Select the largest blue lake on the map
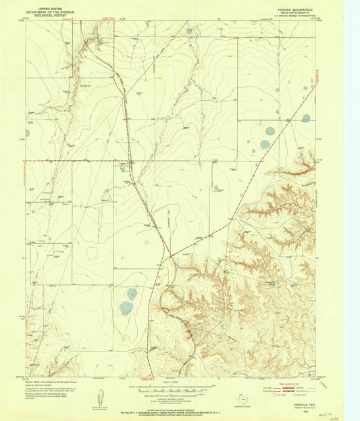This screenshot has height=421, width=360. [126, 308]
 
